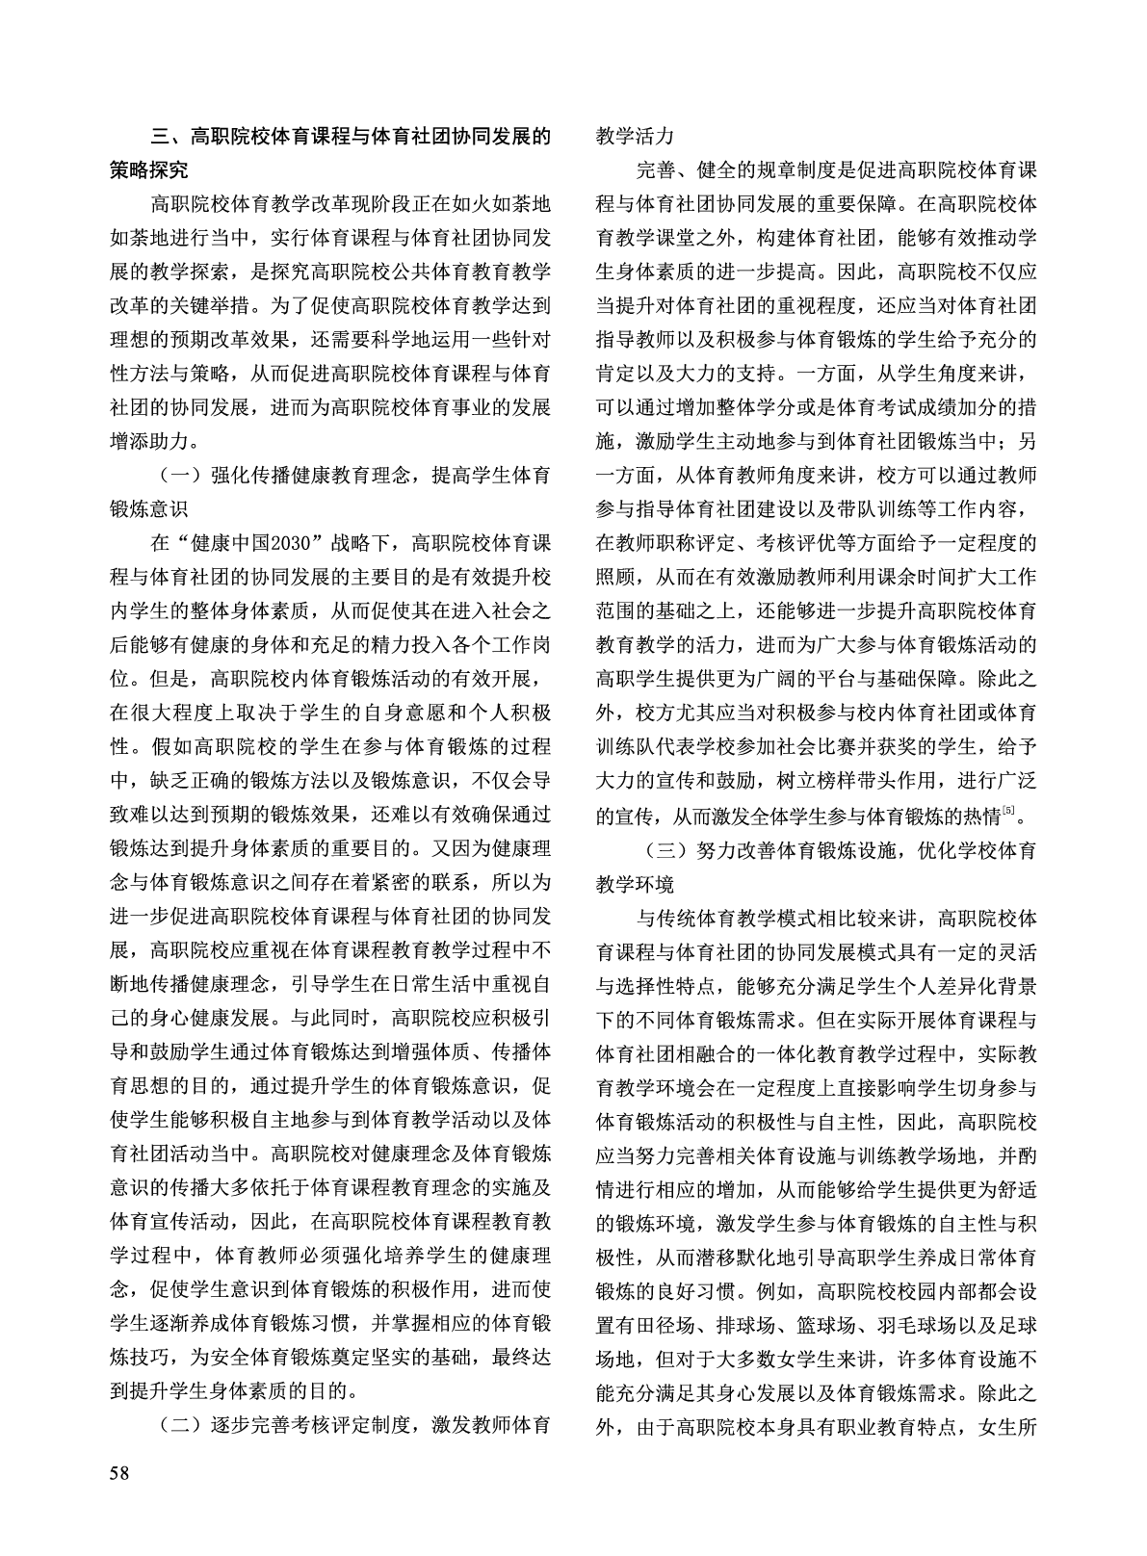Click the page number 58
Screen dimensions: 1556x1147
pyautogui.click(x=121, y=1472)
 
